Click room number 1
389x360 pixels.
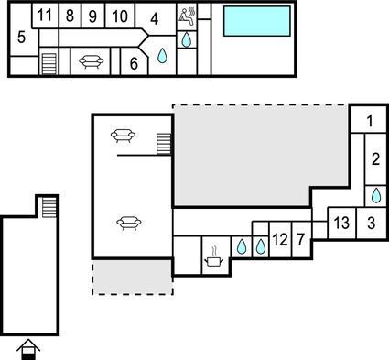point(370,121)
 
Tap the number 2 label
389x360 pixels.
point(375,159)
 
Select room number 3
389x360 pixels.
point(371,223)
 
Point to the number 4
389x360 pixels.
point(155,19)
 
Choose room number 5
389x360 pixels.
point(21,38)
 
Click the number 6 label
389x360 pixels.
point(134,63)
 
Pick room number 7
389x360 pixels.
point(301,239)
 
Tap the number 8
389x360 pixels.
point(70,16)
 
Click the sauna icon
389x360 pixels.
point(187,16)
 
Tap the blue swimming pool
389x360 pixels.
point(257,21)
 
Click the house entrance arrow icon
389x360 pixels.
point(28,349)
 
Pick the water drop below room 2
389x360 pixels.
point(376,195)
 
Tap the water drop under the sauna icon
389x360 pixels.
point(186,39)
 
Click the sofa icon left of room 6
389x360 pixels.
point(91,61)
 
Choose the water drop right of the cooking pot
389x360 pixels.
point(242,246)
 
